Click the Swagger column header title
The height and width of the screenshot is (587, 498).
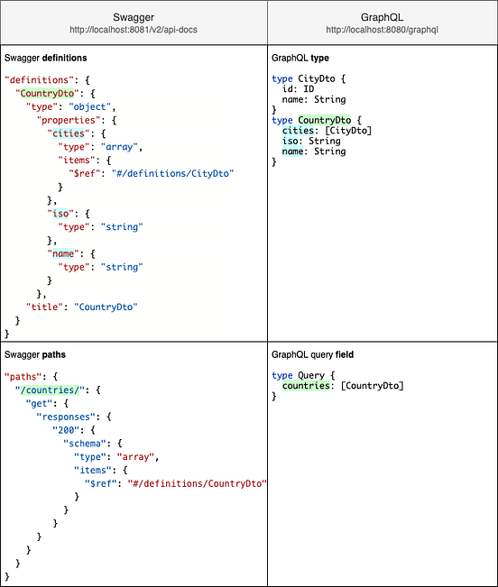coord(134,16)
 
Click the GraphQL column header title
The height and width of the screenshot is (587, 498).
coord(382,16)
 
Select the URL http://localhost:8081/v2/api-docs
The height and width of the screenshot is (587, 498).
coord(134,31)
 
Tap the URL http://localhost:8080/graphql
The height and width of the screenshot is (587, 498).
coord(382,31)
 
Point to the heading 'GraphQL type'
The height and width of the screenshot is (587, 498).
coord(301,58)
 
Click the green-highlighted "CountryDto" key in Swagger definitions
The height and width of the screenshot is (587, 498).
coord(45,92)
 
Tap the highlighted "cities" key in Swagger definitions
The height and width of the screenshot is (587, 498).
coord(64,133)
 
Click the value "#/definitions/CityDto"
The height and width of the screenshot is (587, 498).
coord(169,173)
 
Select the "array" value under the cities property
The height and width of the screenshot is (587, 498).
coord(120,146)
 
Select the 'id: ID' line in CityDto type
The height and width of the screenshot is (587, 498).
coord(296,89)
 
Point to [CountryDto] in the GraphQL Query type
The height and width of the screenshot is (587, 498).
coord(372,386)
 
